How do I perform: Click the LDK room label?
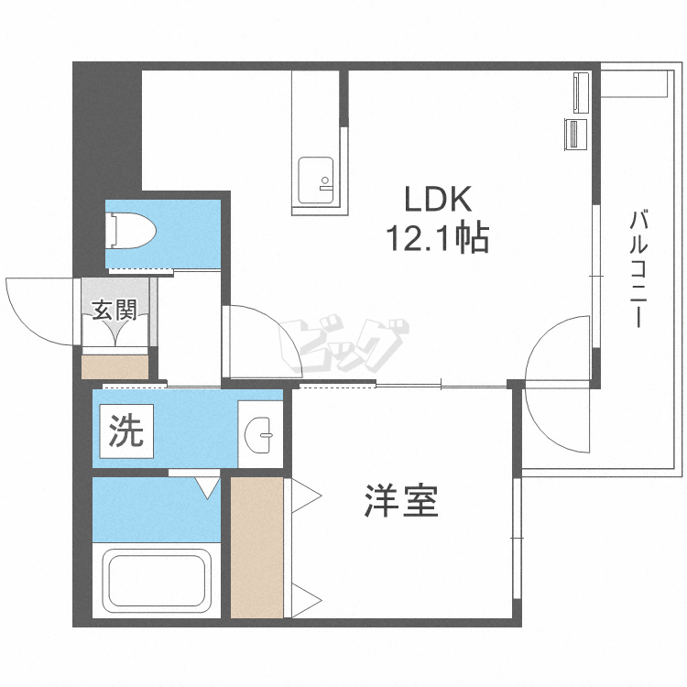[x=437, y=200]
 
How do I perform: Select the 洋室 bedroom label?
[x=401, y=501]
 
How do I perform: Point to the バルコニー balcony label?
[x=638, y=269]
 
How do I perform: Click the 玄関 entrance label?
[x=114, y=310]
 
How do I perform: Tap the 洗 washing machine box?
[x=126, y=431]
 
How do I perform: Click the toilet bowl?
[x=131, y=231]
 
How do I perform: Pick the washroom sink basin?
[x=258, y=434]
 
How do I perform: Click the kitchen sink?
[x=315, y=180]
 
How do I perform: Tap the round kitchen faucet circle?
[x=325, y=180]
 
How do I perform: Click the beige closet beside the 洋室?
[x=256, y=547]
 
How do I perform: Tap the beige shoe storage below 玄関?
[x=115, y=367]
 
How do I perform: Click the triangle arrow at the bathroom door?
[x=207, y=488]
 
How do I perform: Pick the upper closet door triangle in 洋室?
[x=307, y=496]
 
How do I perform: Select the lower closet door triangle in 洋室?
[x=307, y=600]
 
